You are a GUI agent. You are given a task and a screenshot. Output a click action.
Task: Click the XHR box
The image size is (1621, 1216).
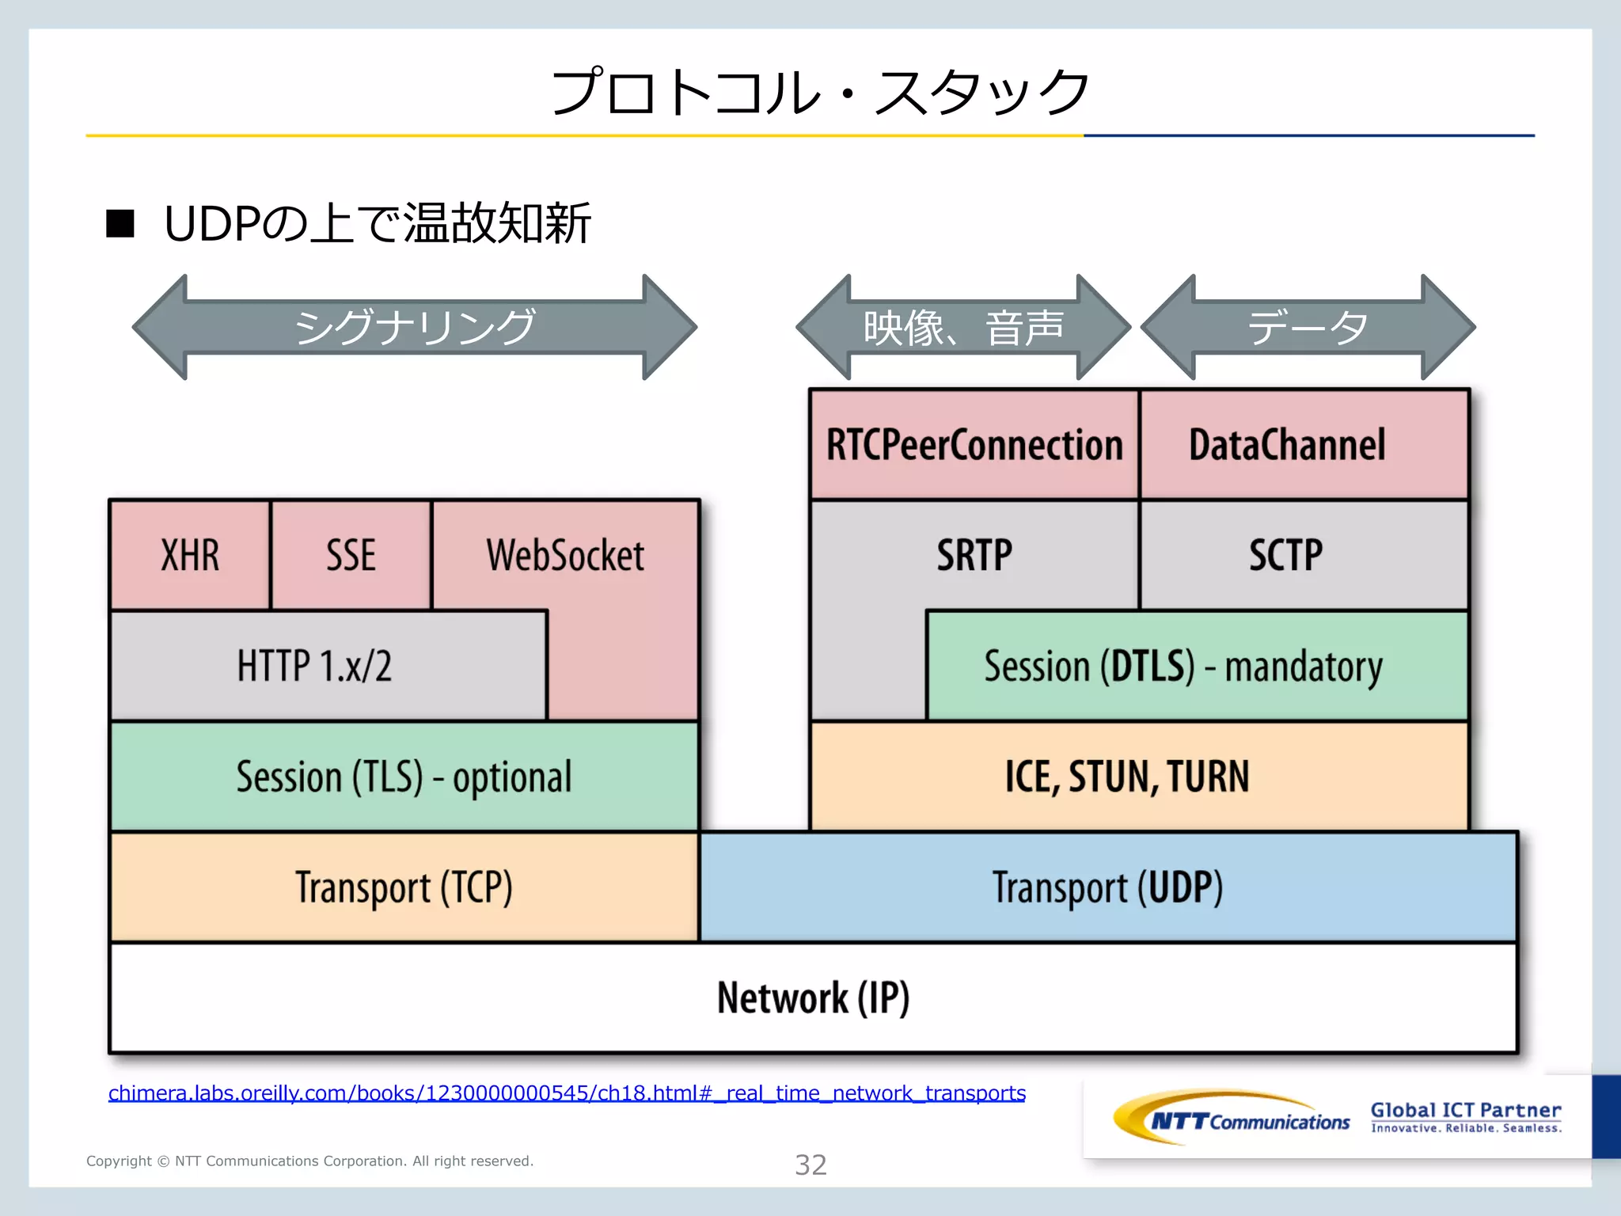[x=190, y=555]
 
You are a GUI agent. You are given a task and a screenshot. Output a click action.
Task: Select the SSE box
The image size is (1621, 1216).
[x=351, y=555]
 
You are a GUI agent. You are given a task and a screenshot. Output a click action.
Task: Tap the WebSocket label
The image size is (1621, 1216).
[x=565, y=555]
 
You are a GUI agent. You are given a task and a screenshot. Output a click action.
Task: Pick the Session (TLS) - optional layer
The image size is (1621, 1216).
[x=404, y=777]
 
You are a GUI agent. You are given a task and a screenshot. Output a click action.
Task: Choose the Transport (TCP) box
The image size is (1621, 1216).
[x=404, y=887]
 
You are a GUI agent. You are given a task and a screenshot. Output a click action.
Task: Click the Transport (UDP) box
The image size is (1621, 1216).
[x=1108, y=887]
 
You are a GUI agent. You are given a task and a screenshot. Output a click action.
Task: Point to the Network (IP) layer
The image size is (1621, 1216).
[x=813, y=997]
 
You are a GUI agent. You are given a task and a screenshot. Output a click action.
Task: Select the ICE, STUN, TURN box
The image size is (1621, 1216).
[x=1127, y=777]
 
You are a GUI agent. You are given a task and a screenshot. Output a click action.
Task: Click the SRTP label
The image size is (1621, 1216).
[x=974, y=555]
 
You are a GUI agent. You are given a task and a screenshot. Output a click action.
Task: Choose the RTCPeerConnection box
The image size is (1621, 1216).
[x=974, y=444]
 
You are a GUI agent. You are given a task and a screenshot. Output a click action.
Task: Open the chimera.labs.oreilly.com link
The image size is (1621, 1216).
[x=567, y=1093]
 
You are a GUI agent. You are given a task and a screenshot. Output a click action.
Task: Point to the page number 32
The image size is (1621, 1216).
[x=810, y=1165]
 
